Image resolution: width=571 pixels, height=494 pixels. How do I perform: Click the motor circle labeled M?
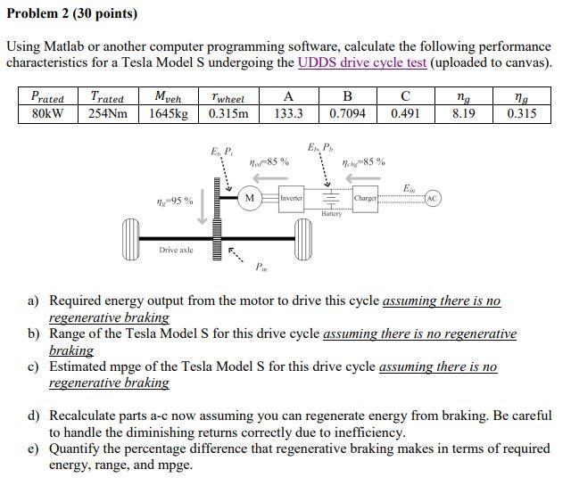point(250,196)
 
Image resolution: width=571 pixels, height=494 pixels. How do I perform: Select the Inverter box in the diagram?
point(293,196)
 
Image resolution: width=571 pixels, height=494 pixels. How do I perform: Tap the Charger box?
point(366,196)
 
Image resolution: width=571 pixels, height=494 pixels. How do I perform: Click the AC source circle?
point(433,196)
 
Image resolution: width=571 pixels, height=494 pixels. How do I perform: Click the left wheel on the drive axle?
point(134,238)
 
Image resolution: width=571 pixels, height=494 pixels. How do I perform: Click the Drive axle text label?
point(176,250)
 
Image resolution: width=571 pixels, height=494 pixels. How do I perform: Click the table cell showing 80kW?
point(47,113)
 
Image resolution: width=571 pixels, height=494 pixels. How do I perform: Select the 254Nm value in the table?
point(109,113)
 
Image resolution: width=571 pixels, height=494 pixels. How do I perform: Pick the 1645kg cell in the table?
point(170,113)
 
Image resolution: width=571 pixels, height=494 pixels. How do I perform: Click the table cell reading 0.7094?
point(347,113)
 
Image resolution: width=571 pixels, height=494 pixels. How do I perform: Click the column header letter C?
point(406,96)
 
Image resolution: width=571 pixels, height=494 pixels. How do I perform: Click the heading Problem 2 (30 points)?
point(72,13)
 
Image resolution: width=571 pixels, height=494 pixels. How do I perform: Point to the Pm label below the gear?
point(261,267)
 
